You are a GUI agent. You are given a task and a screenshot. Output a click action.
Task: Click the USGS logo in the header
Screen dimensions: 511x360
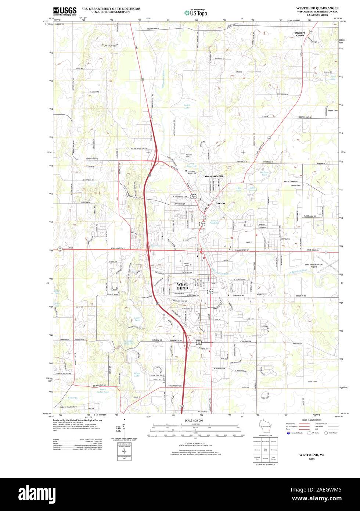pos(65,11)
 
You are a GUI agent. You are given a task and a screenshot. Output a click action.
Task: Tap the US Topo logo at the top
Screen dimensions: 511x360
pos(196,12)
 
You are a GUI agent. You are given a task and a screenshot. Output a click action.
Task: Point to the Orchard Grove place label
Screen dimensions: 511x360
pos(300,34)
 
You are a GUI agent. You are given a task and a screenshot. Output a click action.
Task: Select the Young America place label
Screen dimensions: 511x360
pos(214,176)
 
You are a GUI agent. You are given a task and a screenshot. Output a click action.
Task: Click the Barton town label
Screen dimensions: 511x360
pos(220,203)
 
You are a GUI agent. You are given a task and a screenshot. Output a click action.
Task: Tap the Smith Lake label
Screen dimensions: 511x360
pos(187,107)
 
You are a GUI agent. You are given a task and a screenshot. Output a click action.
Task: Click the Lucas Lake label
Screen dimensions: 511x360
pos(137,319)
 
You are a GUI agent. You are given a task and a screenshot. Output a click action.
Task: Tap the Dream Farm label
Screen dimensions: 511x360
pos(333,110)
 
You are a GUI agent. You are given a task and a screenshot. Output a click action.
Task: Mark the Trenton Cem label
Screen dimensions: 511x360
pos(296,185)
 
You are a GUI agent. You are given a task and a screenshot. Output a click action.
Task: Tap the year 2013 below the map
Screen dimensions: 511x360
pos(312,459)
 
